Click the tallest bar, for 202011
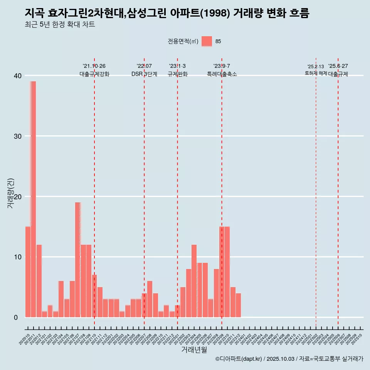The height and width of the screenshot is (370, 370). pyautogui.click(x=33, y=199)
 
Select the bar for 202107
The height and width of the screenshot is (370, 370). pyautogui.click(x=78, y=260)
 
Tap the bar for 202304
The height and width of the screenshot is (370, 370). pyautogui.click(x=194, y=281)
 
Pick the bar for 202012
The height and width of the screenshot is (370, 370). pyautogui.click(x=39, y=281)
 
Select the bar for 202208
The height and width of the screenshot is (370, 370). pyautogui.click(x=150, y=299)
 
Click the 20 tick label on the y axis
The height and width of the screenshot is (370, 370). pyautogui.click(x=18, y=197)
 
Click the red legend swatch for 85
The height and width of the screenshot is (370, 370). pyautogui.click(x=207, y=41)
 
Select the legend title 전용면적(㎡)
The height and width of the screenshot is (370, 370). pyautogui.click(x=183, y=42)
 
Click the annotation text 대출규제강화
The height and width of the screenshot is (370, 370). pyautogui.click(x=94, y=74)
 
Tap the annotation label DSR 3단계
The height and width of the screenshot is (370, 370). pyautogui.click(x=144, y=74)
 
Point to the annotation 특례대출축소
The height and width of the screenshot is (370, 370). pyautogui.click(x=222, y=74)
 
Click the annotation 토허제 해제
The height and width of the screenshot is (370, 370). pyautogui.click(x=316, y=73)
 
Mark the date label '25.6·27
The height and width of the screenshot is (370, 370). pyautogui.click(x=338, y=66)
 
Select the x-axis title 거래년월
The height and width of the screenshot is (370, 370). pyautogui.click(x=194, y=350)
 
